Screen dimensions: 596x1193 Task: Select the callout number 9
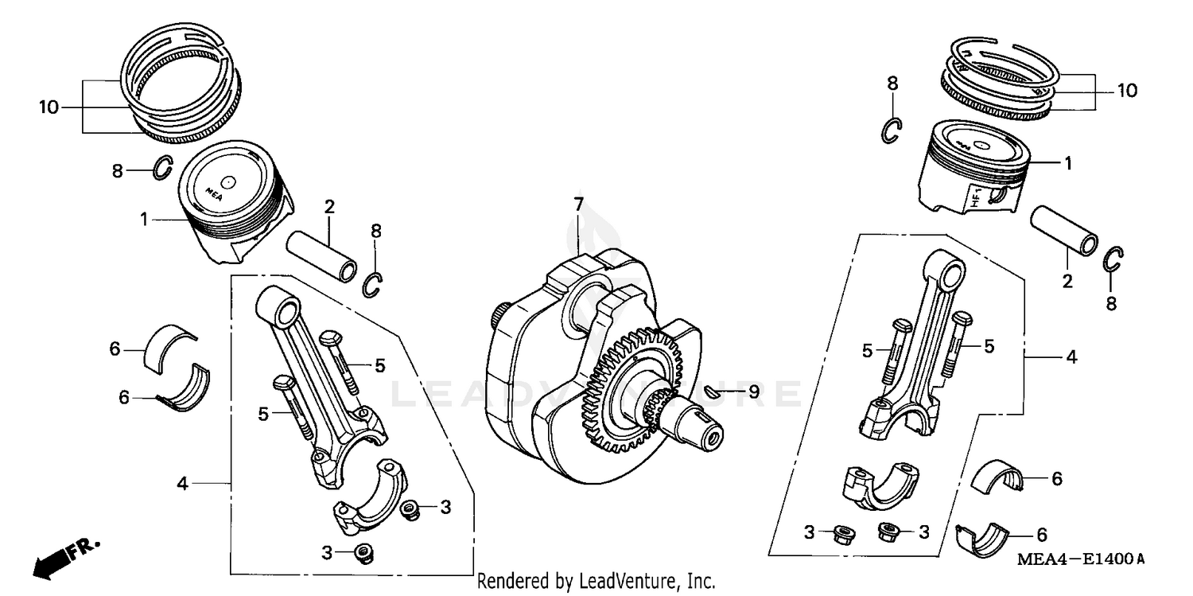[x=752, y=391]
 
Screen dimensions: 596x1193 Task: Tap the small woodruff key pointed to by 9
[x=715, y=391]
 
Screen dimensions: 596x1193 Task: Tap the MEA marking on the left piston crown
[x=213, y=191]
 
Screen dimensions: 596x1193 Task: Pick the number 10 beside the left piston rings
[x=49, y=107]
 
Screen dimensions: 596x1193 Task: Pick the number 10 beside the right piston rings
[x=1127, y=91]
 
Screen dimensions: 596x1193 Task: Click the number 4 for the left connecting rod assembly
[x=183, y=483]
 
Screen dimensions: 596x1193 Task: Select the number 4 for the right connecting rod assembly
[x=1071, y=357]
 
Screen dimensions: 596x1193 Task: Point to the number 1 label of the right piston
[x=1068, y=163]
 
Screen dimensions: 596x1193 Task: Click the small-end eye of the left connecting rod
[x=277, y=305]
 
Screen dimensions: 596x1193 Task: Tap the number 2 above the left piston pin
[x=328, y=207]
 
